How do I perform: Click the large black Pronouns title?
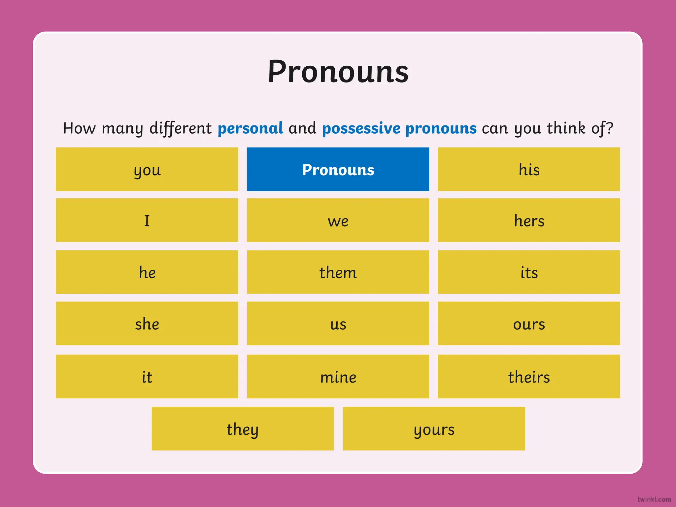point(338,72)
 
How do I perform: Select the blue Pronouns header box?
point(338,169)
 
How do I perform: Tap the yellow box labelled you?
point(147,169)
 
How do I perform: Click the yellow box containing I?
point(147,220)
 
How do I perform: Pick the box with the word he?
point(147,272)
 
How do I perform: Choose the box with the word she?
point(147,323)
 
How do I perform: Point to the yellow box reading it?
point(147,376)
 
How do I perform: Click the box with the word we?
point(338,220)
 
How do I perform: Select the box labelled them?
point(338,272)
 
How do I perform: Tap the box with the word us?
point(338,323)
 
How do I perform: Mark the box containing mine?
point(338,376)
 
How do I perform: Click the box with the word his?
point(529,169)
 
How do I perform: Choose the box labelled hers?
point(529,220)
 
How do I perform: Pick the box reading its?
point(529,272)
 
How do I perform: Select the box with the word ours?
point(529,323)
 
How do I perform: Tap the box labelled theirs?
point(529,376)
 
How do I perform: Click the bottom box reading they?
point(243,428)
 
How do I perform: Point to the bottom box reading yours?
point(434,428)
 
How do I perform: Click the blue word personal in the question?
point(250,128)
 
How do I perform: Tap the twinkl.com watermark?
point(654,499)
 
